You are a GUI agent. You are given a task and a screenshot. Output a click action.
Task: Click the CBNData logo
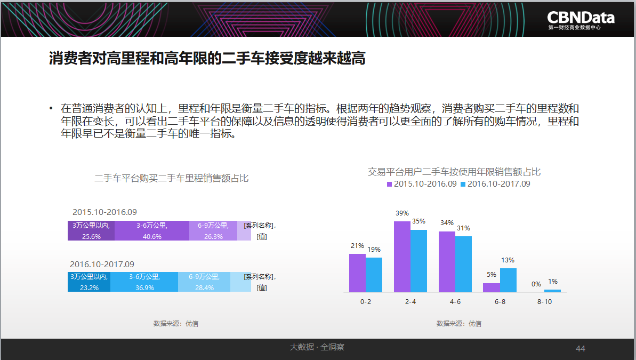tap(581, 20)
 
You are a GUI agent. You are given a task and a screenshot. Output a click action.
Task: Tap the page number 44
tap(581, 349)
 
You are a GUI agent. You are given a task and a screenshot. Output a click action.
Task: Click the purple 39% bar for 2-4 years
tap(402, 257)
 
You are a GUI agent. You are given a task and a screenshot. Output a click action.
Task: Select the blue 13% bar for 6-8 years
tap(508, 280)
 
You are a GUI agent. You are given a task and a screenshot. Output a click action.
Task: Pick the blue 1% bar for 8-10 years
tap(552, 291)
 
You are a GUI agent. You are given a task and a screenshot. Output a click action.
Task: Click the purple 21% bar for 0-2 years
tap(357, 273)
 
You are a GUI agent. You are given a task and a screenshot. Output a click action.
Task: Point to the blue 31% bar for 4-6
tap(463, 264)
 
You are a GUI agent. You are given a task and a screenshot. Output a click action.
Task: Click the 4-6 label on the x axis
tap(455, 302)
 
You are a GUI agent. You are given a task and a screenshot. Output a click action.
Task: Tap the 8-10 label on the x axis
tap(545, 302)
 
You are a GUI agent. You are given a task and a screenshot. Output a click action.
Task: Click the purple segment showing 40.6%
tap(151, 230)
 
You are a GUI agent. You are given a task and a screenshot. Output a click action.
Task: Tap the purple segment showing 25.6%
tap(91, 230)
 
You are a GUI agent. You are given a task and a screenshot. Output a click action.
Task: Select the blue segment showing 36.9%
tap(144, 282)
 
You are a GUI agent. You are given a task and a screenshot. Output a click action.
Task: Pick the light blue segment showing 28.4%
tap(204, 282)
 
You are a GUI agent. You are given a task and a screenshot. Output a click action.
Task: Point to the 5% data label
tap(491, 275)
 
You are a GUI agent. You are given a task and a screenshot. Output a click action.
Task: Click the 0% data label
tap(536, 284)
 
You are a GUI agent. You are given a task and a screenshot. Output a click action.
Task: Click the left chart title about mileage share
tap(171, 179)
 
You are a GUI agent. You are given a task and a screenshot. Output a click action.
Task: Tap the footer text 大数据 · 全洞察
tap(317, 347)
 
